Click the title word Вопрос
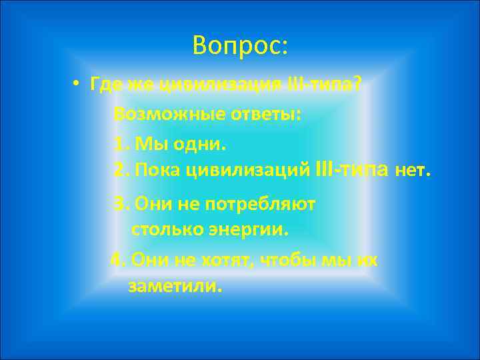pyautogui.click(x=238, y=45)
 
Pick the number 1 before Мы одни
pyautogui.click(x=119, y=143)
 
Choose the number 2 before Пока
pyautogui.click(x=120, y=171)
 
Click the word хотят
pyautogui.click(x=226, y=259)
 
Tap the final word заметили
pyautogui.click(x=173, y=287)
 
